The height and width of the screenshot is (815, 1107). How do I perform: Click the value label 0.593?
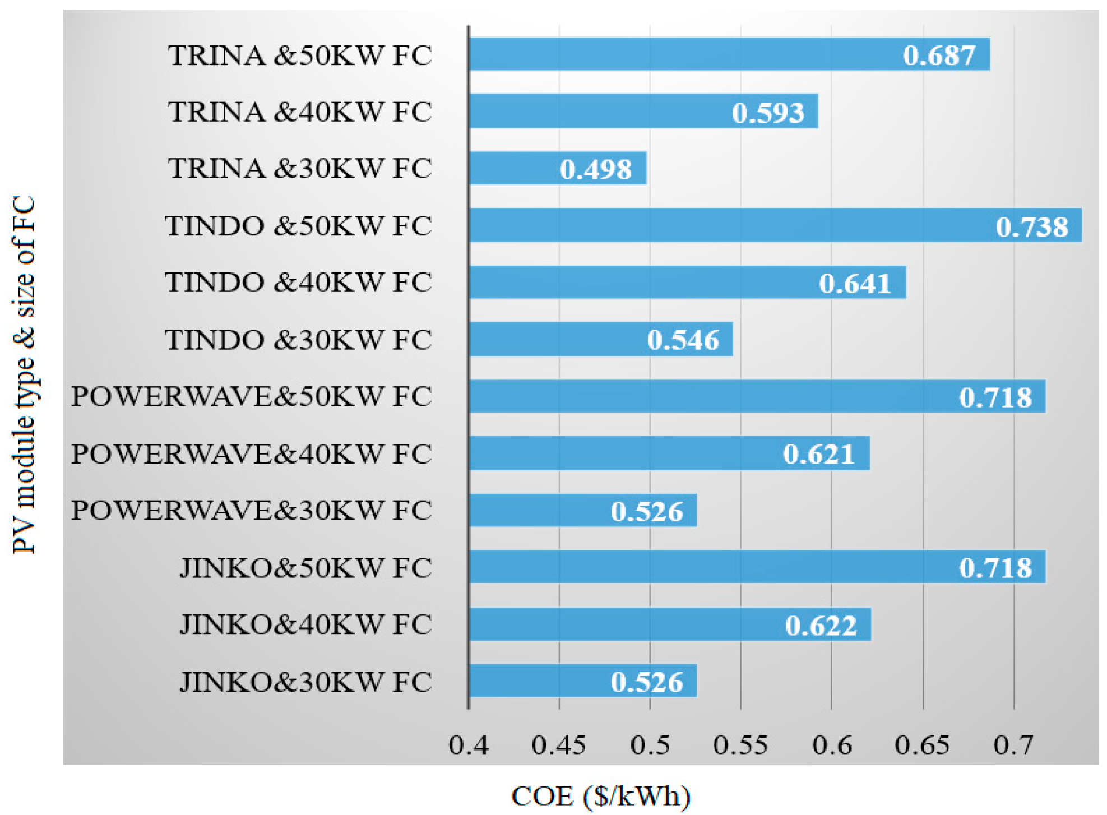768,113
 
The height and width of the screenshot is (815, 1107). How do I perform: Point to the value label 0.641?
855,283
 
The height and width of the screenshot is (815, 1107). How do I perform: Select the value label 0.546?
683,340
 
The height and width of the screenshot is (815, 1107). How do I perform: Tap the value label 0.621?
818,454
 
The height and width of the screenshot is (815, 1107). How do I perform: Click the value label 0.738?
1031,226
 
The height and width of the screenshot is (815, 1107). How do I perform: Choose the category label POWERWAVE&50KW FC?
251,396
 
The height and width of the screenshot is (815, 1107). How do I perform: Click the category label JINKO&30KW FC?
305,682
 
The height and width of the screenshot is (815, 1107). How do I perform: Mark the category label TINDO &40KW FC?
298,282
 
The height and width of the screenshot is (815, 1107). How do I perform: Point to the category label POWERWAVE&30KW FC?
251,510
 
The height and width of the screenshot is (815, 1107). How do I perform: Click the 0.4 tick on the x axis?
469,745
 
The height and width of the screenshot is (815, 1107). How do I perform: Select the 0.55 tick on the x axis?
740,745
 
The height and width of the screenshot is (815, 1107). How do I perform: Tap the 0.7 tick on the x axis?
1013,745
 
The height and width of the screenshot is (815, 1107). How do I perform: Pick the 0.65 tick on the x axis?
922,745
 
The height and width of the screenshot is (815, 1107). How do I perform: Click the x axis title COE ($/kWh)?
601,796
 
